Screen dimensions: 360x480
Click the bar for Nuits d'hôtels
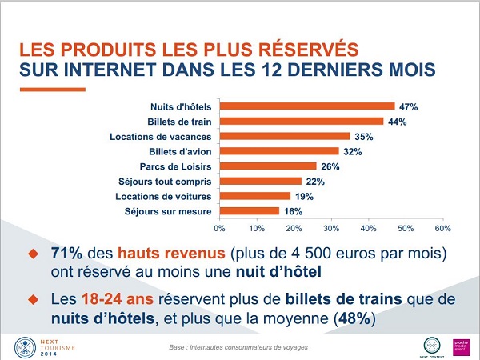point(306,106)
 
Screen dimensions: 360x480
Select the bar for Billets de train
point(301,121)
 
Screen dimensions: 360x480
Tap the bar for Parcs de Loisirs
point(267,166)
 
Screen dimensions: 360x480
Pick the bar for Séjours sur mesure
point(249,211)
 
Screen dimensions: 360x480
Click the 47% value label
point(408,106)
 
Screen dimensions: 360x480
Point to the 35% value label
point(364,137)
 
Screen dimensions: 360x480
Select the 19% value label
point(304,197)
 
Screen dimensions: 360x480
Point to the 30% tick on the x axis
point(331,228)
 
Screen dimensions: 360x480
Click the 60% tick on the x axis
point(442,228)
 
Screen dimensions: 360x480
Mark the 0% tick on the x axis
point(219,228)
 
